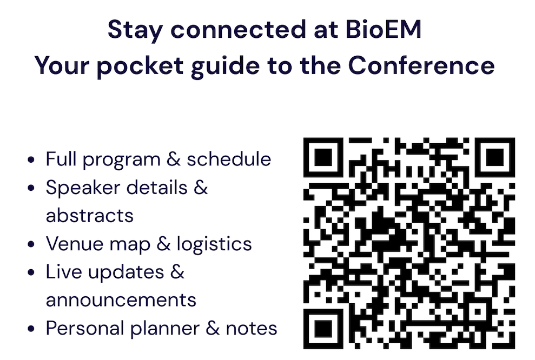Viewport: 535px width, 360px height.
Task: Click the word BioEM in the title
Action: tap(384, 29)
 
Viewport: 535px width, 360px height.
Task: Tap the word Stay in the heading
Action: tap(135, 31)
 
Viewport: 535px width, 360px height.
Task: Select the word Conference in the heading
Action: tap(421, 65)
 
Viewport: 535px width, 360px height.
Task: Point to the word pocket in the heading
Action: tap(140, 67)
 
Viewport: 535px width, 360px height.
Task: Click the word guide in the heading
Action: tap(226, 67)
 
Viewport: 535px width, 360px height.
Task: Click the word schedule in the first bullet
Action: tap(229, 159)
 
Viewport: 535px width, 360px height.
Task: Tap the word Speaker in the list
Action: tap(83, 189)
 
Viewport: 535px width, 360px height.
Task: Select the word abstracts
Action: tap(90, 216)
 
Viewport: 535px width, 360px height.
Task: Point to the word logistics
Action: tap(214, 245)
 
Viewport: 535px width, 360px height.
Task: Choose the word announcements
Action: tap(121, 301)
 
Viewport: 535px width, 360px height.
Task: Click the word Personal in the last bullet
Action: tap(85, 328)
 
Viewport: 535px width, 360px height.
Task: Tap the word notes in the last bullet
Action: tap(252, 329)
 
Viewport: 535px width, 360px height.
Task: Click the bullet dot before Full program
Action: tap(31, 159)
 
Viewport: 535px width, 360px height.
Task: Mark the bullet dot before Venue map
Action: tap(31, 244)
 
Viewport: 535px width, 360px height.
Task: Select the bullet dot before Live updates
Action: tap(31, 272)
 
